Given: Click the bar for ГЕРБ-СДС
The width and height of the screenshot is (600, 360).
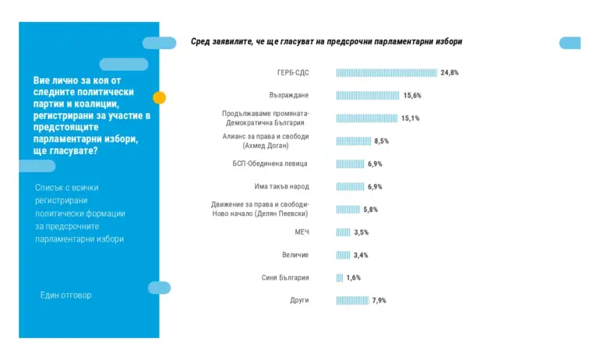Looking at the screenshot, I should point(386,72).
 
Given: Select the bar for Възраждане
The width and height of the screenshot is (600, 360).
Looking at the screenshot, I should point(367,95).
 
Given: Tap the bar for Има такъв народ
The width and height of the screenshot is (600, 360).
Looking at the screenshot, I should point(350,187).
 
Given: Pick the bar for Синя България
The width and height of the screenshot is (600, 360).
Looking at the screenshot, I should point(340,277).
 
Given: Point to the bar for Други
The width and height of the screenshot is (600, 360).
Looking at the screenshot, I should point(352,300).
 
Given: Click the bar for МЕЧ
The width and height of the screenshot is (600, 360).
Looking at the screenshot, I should point(343,232).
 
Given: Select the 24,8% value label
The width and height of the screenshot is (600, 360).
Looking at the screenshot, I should point(450,72).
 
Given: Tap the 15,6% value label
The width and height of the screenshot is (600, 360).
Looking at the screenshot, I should point(412,95).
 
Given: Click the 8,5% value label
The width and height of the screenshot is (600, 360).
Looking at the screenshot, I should point(382,141).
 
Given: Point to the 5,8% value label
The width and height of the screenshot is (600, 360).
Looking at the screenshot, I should point(371,210).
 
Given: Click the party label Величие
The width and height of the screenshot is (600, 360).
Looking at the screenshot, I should point(295,255).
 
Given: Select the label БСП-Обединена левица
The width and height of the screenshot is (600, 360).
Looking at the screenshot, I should point(270,164).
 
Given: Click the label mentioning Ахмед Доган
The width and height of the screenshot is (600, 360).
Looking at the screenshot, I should point(266,141).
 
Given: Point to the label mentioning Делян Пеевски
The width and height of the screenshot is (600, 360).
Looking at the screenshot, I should point(259,209).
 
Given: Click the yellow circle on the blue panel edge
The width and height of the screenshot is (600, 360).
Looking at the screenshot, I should point(160,97).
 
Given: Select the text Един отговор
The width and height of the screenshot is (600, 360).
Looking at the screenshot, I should point(65,295).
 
